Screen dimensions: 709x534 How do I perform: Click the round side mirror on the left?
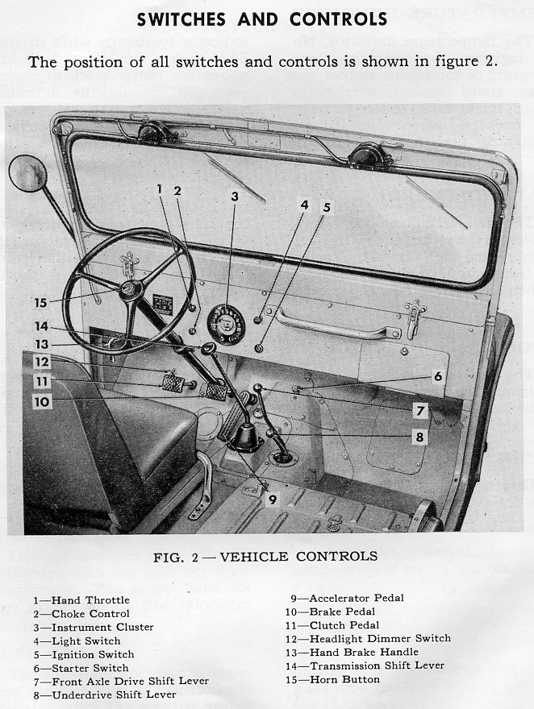(27, 173)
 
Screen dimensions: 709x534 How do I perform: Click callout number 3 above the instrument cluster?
(235, 197)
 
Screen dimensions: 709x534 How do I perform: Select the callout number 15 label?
(41, 303)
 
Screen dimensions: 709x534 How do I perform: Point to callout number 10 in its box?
(42, 400)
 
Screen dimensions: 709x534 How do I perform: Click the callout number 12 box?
(42, 362)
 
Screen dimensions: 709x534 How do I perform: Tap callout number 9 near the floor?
(273, 499)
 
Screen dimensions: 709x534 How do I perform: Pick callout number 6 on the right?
(437, 376)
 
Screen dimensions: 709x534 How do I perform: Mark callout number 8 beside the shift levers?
(419, 437)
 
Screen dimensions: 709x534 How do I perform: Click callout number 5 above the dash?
(326, 207)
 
